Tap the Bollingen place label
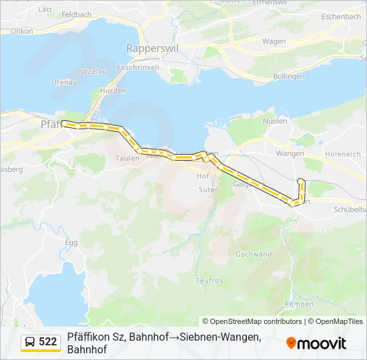[289, 77]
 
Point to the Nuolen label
[275, 121]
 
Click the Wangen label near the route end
[290, 153]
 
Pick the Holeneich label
[343, 154]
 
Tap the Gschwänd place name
[254, 255]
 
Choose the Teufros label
[210, 281]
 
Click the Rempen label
[299, 304]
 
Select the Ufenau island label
[64, 82]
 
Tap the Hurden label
[113, 91]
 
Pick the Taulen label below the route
[127, 158]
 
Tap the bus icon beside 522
[31, 342]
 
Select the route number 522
[48, 342]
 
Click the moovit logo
[316, 343]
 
